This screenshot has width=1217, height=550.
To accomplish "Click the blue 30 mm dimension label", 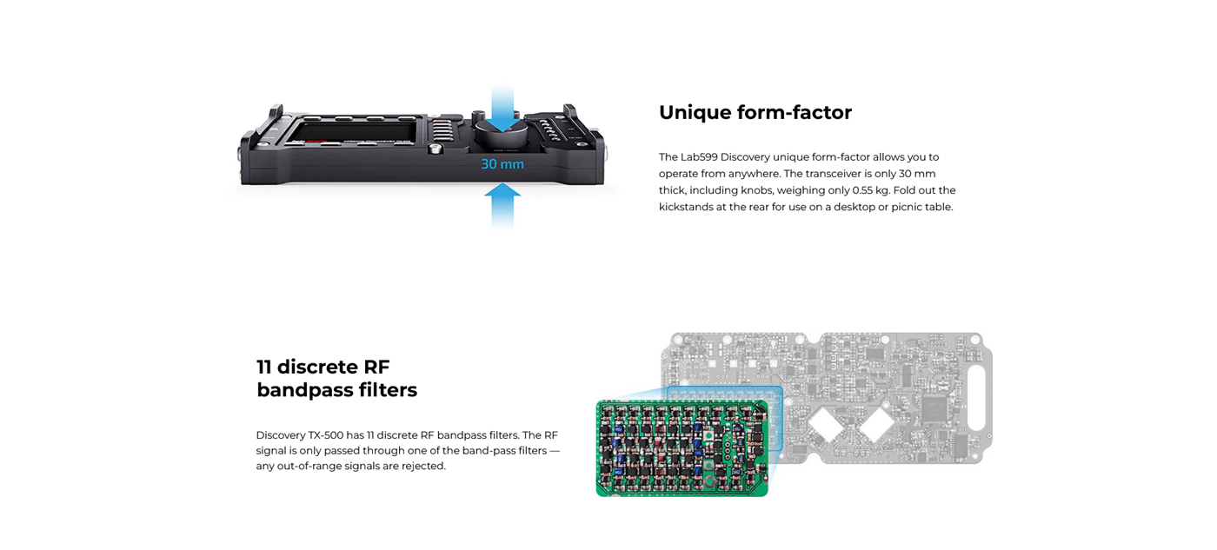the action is coord(502,164).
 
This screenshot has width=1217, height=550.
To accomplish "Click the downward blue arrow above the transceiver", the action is coord(502,109).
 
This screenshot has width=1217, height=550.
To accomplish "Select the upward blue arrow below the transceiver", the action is coord(502,205).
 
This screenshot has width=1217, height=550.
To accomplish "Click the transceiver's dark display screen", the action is coord(354,132).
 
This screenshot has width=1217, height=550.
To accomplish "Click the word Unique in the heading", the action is coord(695,113).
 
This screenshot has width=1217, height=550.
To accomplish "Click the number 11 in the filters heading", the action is coord(263,367).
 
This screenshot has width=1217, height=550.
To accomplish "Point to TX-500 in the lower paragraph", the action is coord(326,435).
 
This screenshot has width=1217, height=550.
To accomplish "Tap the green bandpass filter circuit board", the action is coord(682,448).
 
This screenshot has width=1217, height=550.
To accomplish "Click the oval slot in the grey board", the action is coord(976,397).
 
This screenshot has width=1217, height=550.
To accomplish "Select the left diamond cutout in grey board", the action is coord(826,423).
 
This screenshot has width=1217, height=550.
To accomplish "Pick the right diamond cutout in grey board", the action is coord(876,423).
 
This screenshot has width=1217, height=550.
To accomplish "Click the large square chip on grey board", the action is coord(934,408).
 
